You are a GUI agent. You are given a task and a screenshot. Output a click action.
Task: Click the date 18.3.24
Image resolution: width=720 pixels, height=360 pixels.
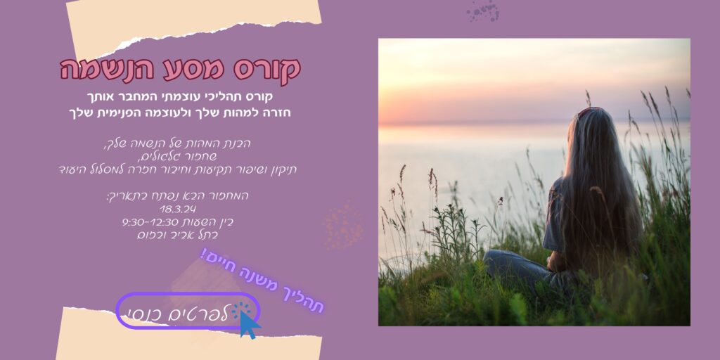178,210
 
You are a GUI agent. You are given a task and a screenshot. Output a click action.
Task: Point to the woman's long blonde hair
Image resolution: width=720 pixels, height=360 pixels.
597,184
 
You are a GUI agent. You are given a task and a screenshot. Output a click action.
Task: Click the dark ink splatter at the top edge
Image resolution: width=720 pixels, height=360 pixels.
483,11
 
